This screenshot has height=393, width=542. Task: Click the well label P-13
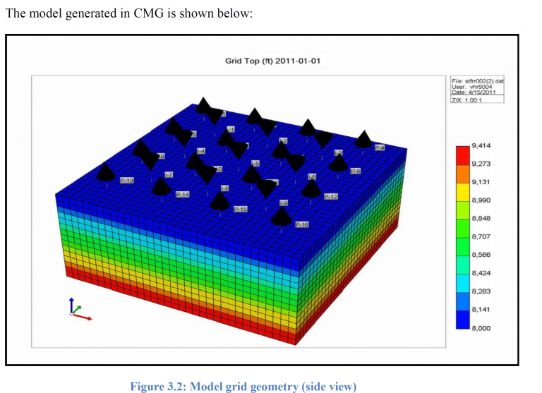click(127, 181)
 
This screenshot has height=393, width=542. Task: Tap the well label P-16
click(302, 224)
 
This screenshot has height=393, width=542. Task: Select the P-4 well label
click(380, 147)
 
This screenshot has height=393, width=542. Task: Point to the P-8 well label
click(356, 171)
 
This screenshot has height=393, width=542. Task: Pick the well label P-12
click(331, 196)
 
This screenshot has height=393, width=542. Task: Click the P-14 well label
click(182, 194)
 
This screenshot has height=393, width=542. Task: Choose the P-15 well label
click(240, 209)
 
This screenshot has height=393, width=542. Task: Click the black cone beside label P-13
click(106, 171)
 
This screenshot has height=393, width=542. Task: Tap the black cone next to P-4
click(363, 139)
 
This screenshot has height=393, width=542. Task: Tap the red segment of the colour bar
click(462, 155)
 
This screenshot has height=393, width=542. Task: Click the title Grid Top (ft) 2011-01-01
click(272, 61)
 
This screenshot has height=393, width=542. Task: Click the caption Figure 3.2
click(243, 386)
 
